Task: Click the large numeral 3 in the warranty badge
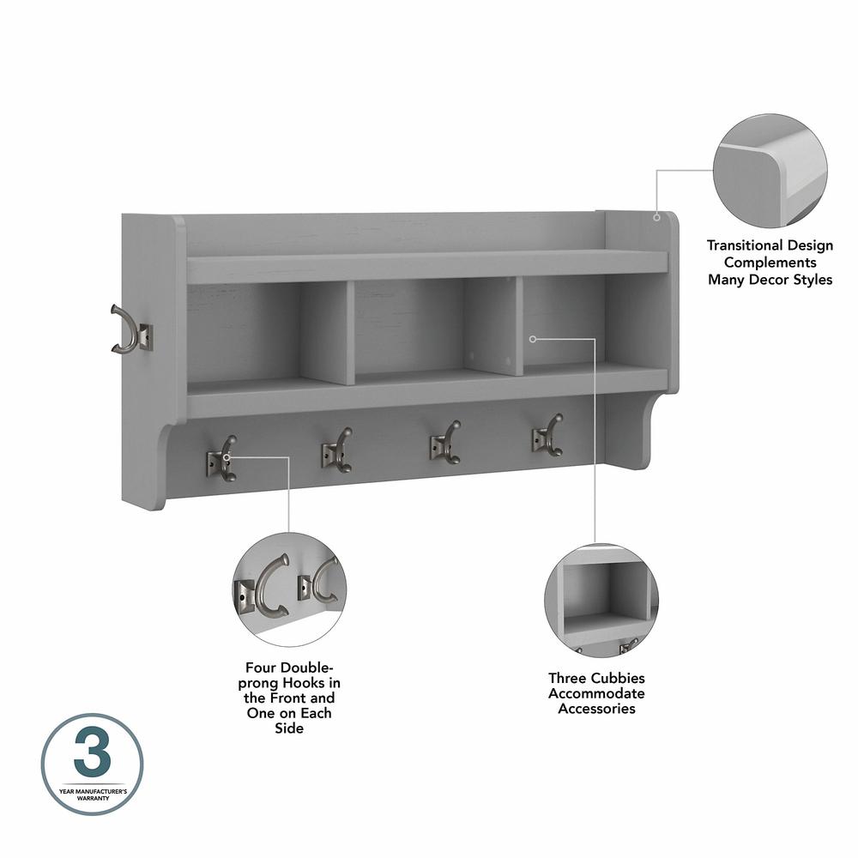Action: click(x=92, y=756)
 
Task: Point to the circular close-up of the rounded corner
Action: click(x=770, y=171)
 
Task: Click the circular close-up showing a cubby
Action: click(x=601, y=601)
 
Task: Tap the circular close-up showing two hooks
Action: click(x=289, y=589)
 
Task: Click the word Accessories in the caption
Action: click(x=596, y=709)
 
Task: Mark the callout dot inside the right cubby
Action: click(x=532, y=339)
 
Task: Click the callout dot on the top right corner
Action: click(x=657, y=217)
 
